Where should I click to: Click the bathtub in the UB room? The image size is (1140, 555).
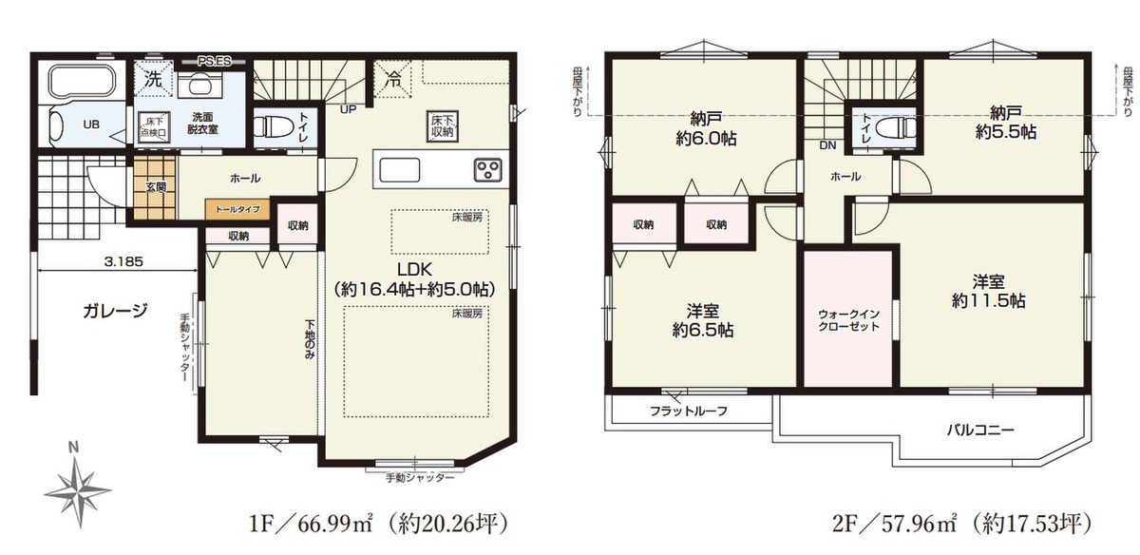pos(83,82)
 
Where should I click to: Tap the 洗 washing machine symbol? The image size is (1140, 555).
pos(153,79)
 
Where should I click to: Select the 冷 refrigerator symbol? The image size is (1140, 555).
pos(392,79)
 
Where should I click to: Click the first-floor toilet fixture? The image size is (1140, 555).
pos(273,124)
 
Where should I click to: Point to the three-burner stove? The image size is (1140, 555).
pos(487,169)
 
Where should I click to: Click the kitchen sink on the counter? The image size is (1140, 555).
pos(400,169)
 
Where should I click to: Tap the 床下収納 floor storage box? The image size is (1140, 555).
pos(443,125)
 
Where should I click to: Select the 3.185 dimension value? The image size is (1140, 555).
pos(123,261)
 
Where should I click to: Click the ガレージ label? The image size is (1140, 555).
pos(115,310)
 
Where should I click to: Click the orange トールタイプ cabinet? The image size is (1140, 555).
pos(237,209)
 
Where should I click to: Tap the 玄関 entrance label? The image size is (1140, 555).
pos(156,187)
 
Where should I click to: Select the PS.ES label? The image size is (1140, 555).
pos(215,62)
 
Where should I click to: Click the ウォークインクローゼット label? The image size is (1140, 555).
pos(848,320)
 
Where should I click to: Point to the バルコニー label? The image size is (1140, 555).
pos(980,431)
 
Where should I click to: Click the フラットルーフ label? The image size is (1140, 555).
pos(689,411)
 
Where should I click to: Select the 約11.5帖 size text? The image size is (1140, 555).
pos(988,301)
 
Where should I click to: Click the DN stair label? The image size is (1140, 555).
pos(828,145)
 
